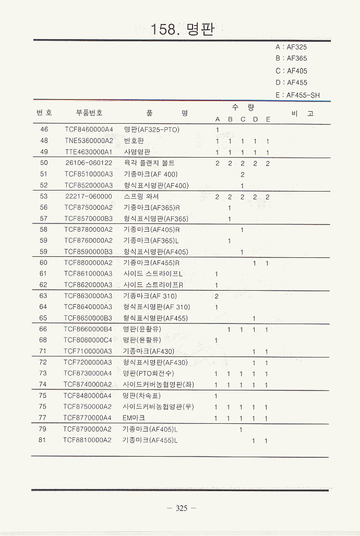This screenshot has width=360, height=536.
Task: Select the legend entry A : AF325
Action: coord(291,47)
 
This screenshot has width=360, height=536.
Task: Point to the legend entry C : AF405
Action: coord(291,71)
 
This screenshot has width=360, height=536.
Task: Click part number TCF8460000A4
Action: coord(89,129)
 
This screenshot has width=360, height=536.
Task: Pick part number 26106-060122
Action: coord(89,163)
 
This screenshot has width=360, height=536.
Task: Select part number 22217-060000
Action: coord(89,197)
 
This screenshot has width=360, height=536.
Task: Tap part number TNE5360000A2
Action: coord(89,141)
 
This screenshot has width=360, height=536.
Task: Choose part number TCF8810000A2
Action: coord(88,440)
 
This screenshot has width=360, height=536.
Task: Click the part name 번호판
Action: coord(134,141)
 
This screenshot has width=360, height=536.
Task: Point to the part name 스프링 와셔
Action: coord(141,197)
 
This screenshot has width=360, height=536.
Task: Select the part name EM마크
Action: coord(134,418)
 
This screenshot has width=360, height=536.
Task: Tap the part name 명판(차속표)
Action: coord(142,396)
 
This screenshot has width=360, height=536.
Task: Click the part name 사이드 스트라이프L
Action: coord(153,273)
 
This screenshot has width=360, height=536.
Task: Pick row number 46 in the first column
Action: coord(44,129)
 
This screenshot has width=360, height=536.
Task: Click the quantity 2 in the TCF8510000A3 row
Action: coord(243,174)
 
